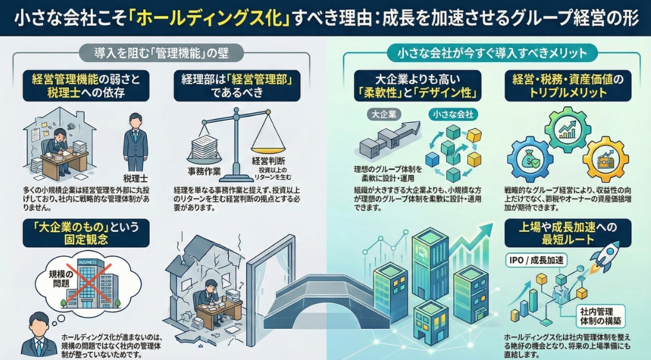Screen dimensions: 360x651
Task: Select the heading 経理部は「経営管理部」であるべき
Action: point(237,86)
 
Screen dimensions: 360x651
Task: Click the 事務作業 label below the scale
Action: point(204,170)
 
